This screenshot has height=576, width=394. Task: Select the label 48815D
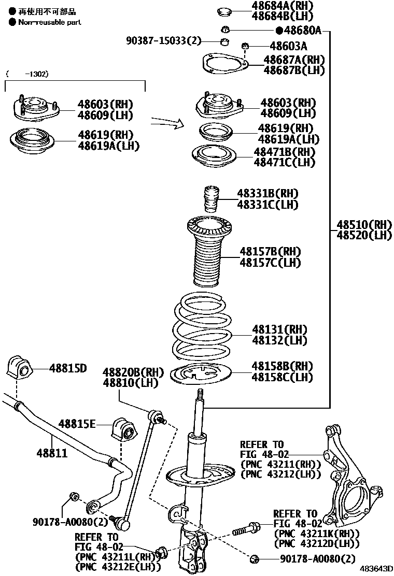tap(68, 369)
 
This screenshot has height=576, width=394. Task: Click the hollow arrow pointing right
tap(167, 123)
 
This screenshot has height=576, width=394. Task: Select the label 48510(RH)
tap(364, 225)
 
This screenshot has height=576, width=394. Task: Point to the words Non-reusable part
tap(49, 22)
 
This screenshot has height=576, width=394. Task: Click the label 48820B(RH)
tap(133, 372)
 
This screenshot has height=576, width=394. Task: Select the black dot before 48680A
tap(279, 31)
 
